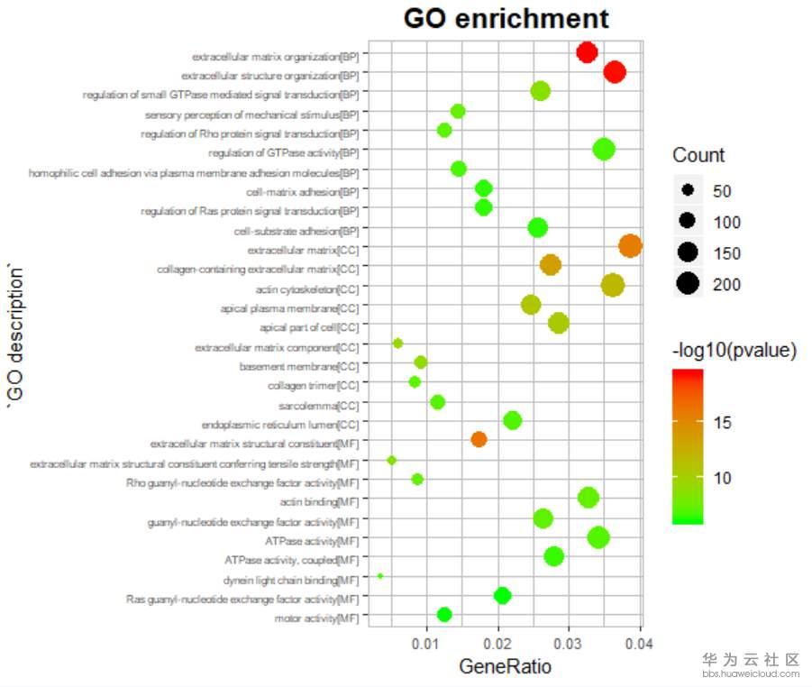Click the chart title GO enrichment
pyautogui.click(x=506, y=19)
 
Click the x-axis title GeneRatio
pyautogui.click(x=505, y=666)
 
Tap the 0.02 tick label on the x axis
pyautogui.click(x=497, y=644)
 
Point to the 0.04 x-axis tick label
pyautogui.click(x=639, y=644)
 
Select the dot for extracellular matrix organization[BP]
pyautogui.click(x=587, y=52)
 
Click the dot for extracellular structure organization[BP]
pyautogui.click(x=615, y=71)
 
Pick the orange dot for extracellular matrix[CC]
pyautogui.click(x=630, y=245)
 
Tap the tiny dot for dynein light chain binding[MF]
pyautogui.click(x=380, y=575)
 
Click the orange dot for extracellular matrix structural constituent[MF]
pyautogui.click(x=479, y=439)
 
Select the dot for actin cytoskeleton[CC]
pyautogui.click(x=613, y=286)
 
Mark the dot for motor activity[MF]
pyautogui.click(x=444, y=615)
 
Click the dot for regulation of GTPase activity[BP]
pyautogui.click(x=604, y=150)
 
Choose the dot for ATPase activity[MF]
pyautogui.click(x=598, y=537)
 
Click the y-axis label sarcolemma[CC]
pyautogui.click(x=318, y=406)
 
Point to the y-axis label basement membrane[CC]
pyautogui.click(x=299, y=367)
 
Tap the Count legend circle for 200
pyautogui.click(x=688, y=283)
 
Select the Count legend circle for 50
pyautogui.click(x=688, y=190)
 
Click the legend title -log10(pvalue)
pyautogui.click(x=734, y=350)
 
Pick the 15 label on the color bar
pyautogui.click(x=723, y=423)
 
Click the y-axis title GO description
pyautogui.click(x=15, y=335)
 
